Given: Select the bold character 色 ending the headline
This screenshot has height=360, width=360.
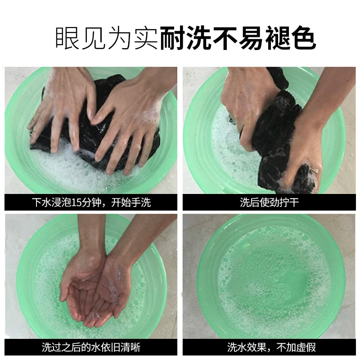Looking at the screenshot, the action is (x=304, y=38).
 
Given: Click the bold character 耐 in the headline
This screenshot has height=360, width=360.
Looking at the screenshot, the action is (x=173, y=38).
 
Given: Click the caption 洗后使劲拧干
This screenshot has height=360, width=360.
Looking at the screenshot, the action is (x=269, y=202).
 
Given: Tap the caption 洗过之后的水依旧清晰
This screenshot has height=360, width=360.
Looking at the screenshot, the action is (x=91, y=347).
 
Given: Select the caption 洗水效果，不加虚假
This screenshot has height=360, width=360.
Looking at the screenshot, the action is (x=272, y=347).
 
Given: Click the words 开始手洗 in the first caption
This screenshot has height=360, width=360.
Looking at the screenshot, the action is (x=131, y=202).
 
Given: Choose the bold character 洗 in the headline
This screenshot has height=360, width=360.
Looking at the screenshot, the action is (x=199, y=38).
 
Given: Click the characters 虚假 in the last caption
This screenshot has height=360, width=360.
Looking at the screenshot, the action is (x=306, y=347).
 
